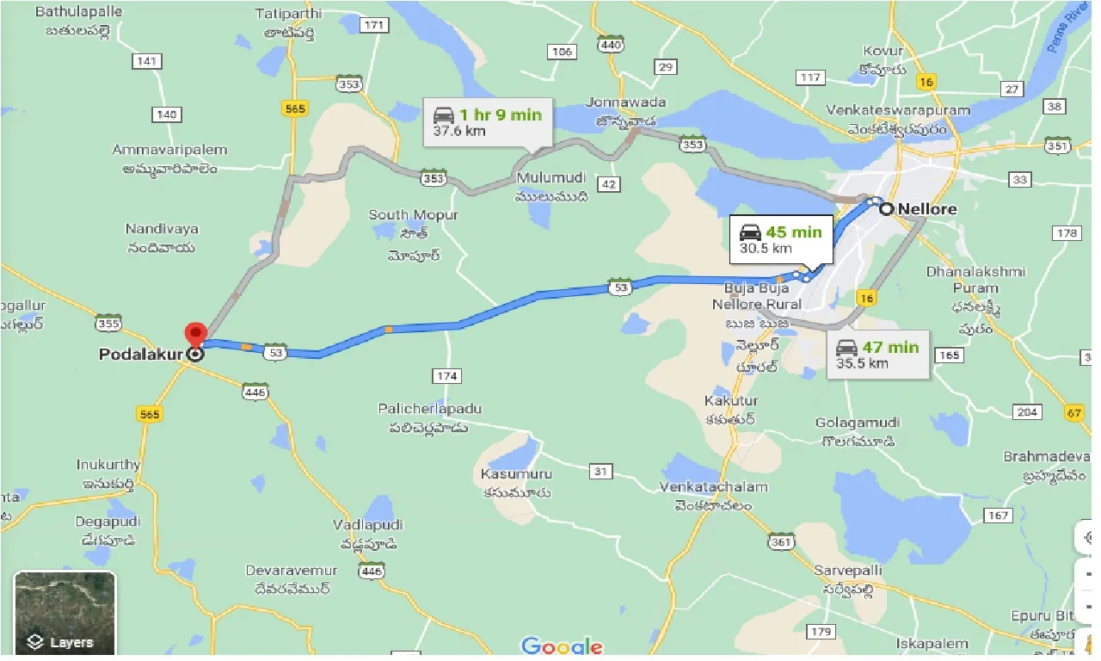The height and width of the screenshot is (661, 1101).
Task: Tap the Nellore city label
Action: tap(927, 208)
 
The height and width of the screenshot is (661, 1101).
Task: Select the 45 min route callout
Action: tap(781, 240)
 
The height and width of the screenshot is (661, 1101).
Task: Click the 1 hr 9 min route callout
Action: tap(488, 122)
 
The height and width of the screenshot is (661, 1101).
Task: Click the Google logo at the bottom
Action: tap(562, 646)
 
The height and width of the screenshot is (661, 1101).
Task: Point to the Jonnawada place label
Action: tap(626, 102)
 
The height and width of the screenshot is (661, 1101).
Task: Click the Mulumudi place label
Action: tap(551, 178)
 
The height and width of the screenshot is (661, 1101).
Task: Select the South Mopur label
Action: tap(414, 214)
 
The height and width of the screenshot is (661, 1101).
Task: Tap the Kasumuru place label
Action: tap(517, 474)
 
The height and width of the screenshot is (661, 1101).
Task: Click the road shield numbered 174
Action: tap(448, 375)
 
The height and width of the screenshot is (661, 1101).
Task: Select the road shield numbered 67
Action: tap(1074, 413)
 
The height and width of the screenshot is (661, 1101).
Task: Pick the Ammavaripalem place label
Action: tap(170, 150)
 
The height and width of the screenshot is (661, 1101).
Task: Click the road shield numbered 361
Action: tap(781, 542)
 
